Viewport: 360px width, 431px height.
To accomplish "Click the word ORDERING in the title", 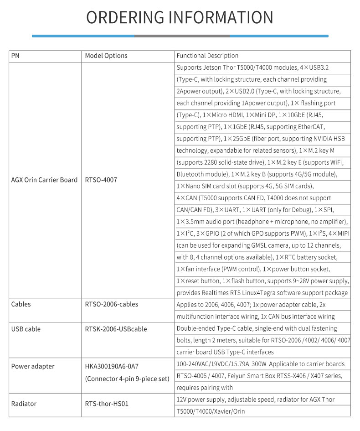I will pos(125,17).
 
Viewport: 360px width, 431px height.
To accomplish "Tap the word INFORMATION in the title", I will pos(221,17).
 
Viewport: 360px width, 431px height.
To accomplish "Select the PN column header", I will pos(15,56).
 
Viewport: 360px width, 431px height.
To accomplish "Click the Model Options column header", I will pos(106,56).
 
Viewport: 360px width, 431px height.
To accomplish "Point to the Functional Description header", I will pos(207,56).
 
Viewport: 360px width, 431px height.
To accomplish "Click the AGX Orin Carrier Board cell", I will pos(44,180).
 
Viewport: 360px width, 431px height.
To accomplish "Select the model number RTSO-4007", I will pos(101,180).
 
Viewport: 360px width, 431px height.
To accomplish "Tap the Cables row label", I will pos(21,304).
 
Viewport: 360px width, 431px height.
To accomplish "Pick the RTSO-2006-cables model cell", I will pos(111,304).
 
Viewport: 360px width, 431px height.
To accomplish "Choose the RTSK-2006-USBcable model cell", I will pos(116,329).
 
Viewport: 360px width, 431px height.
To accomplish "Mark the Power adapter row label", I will pos(32,366).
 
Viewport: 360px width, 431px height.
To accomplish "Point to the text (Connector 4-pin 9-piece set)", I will pos(127,378).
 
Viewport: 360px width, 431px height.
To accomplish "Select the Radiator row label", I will pos(24,404).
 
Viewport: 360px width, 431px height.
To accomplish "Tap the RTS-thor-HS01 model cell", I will pos(107,404).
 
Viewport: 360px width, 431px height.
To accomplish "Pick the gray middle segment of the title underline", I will pos(182,36).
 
